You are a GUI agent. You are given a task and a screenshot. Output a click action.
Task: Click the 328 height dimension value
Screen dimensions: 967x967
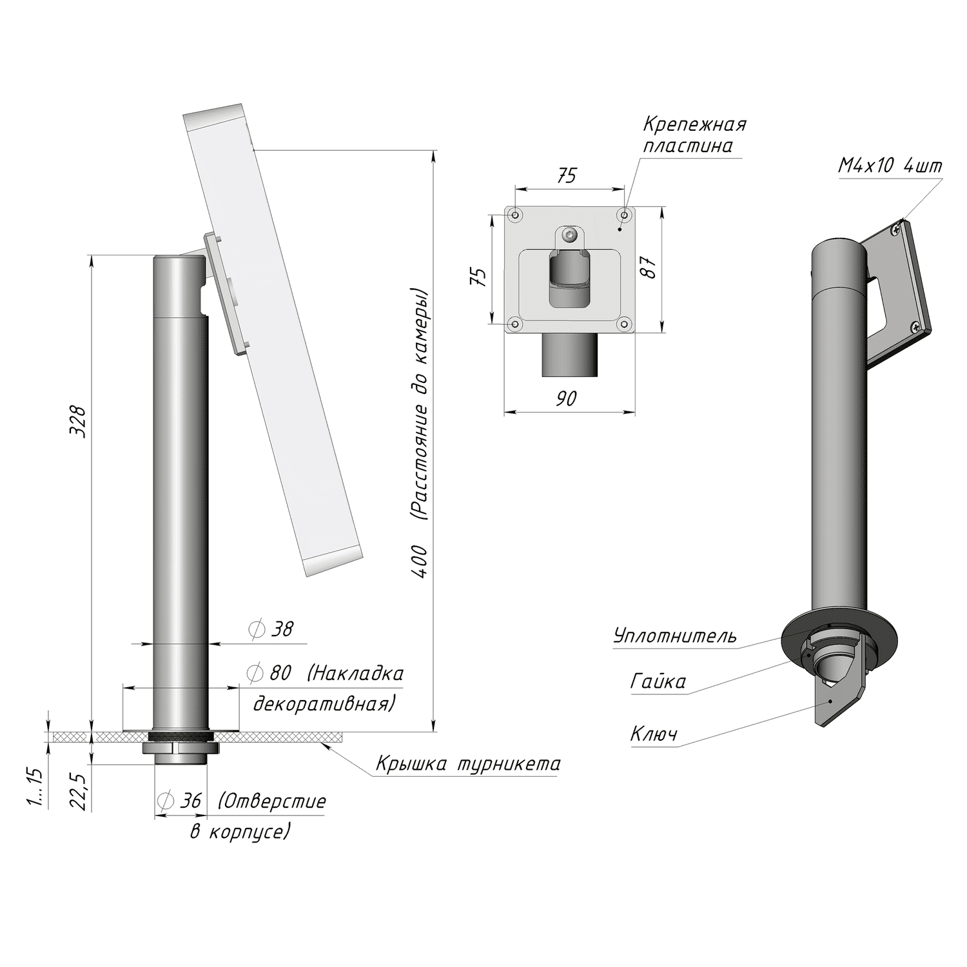(78, 422)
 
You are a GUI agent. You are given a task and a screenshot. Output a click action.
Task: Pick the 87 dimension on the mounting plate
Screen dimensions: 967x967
(650, 267)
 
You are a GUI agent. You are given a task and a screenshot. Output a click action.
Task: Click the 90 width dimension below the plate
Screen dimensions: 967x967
(565, 399)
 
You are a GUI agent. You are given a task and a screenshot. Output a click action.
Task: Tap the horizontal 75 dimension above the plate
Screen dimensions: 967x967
(566, 175)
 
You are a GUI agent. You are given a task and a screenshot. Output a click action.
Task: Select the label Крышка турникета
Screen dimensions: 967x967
(468, 765)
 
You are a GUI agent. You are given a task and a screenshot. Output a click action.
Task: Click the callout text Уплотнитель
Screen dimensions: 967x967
(674, 636)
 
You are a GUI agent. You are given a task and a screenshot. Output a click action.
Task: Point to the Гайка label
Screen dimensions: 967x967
(658, 681)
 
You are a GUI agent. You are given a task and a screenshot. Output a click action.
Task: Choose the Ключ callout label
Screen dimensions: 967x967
(654, 734)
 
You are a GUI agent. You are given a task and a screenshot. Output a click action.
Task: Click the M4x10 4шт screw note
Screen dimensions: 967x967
(890, 166)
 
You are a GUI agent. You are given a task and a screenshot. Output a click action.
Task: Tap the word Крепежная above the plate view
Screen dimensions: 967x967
(694, 124)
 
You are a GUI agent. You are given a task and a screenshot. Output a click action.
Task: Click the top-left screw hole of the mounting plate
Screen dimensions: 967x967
(515, 214)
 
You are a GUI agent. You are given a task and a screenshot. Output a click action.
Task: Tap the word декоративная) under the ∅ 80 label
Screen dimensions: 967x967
(323, 703)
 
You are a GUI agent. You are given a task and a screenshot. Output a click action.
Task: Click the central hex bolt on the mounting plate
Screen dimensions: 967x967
(569, 234)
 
